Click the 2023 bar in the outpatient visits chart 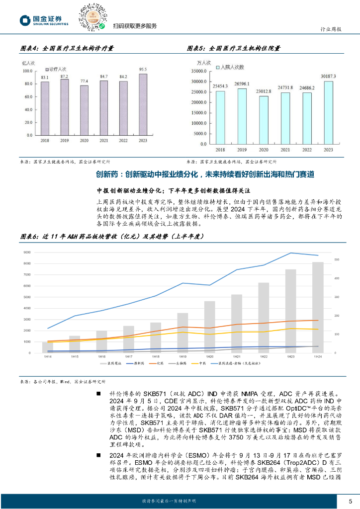(x=143, y=104)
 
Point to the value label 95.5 (x=143, y=70)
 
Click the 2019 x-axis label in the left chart (x=64, y=141)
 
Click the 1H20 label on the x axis (x=209, y=357)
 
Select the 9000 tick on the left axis (x=27, y=253)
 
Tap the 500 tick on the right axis (x=337, y=260)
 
